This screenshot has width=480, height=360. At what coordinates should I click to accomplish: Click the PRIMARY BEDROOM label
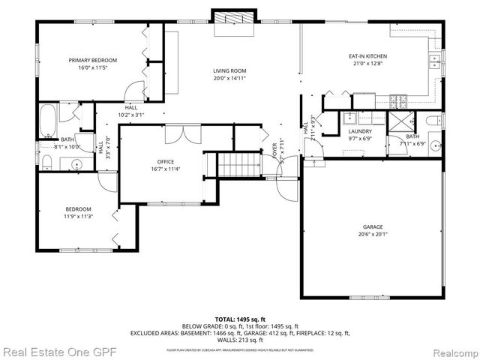click(x=93, y=60)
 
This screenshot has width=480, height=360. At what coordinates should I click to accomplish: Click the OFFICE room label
click(x=165, y=162)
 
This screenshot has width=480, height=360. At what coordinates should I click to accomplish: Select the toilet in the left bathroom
click(x=46, y=163)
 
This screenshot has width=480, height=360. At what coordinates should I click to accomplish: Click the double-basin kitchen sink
click(x=433, y=60)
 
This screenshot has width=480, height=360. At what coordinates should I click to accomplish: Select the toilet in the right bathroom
click(x=433, y=121)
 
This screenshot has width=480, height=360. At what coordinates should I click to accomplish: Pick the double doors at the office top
click(x=172, y=135)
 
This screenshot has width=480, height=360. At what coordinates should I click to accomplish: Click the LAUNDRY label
click(x=360, y=131)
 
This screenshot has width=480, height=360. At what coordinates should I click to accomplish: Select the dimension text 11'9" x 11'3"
click(x=78, y=217)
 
